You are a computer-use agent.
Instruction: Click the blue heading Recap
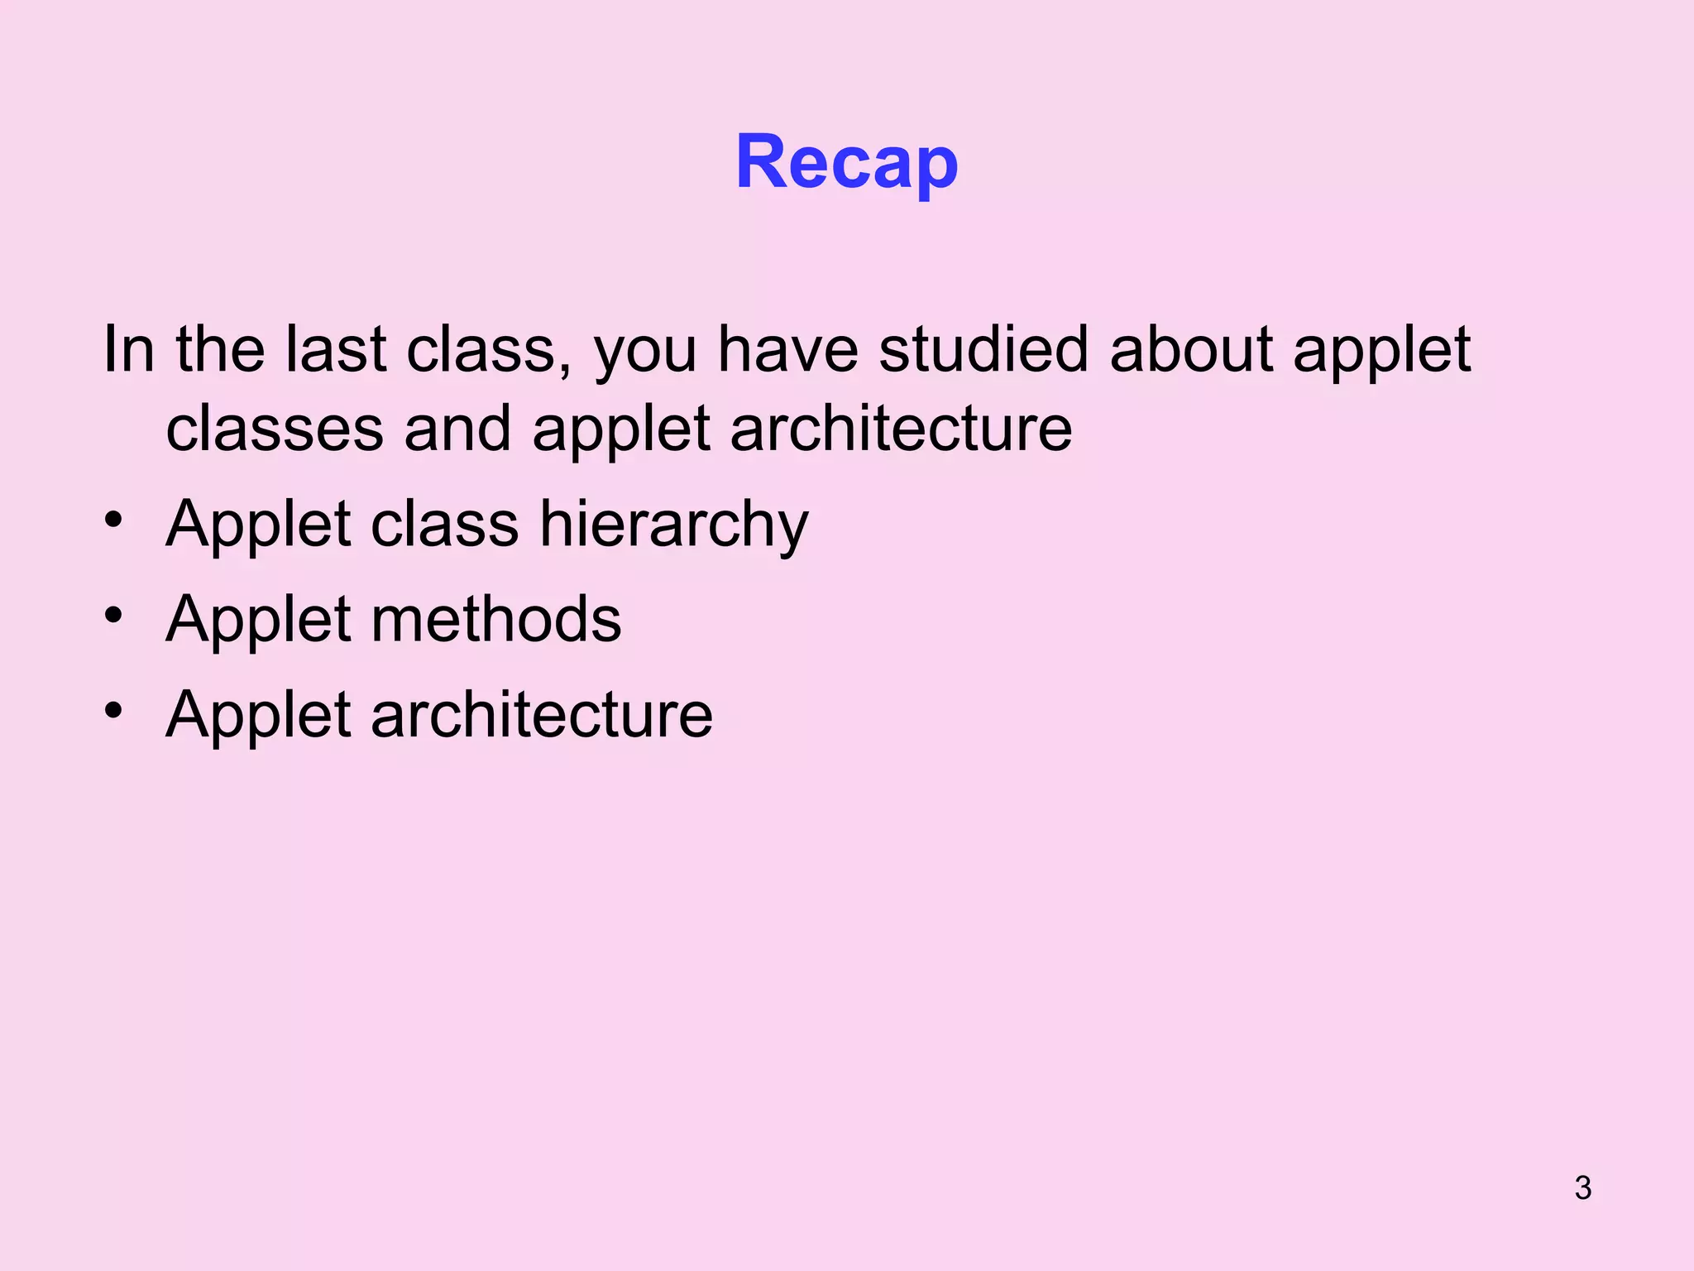(846, 162)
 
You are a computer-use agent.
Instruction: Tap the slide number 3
(1582, 1188)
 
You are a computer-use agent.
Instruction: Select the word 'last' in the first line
(336, 349)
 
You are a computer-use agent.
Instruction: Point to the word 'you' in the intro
(645, 356)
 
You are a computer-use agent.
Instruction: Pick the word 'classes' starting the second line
(275, 429)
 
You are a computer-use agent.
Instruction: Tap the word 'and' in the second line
(457, 429)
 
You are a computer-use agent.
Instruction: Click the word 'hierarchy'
(674, 526)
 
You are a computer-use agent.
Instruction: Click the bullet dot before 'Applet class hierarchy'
(113, 520)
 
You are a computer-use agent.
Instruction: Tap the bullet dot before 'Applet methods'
(113, 615)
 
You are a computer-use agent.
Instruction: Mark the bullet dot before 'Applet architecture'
(113, 710)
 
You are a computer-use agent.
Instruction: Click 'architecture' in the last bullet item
(542, 715)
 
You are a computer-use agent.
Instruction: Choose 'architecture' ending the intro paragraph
(901, 429)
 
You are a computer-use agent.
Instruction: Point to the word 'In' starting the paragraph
(128, 349)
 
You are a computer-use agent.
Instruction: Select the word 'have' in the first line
(787, 349)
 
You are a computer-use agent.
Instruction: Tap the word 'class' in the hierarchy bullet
(444, 525)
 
